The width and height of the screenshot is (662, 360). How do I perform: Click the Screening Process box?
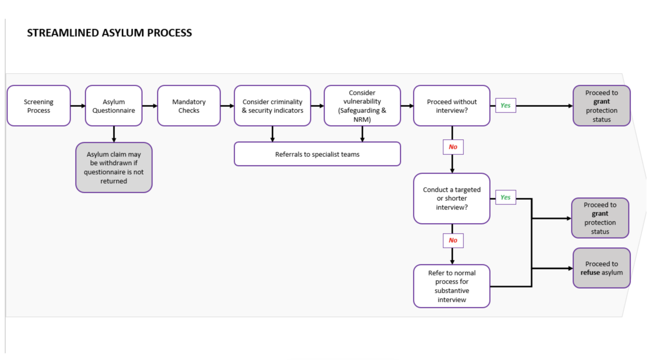(x=39, y=106)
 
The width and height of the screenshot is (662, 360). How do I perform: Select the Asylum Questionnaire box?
(x=114, y=106)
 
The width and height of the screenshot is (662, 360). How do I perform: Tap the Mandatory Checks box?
(x=189, y=106)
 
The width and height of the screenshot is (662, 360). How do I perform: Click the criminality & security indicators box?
(x=272, y=106)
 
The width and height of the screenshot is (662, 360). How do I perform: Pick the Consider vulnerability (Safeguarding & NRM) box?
(x=362, y=106)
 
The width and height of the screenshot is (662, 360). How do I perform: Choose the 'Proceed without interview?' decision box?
(x=452, y=106)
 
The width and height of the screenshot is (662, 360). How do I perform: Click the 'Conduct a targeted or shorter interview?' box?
(x=452, y=198)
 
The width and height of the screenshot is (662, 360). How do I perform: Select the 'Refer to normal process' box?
(x=452, y=286)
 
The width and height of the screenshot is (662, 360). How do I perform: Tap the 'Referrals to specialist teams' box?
(x=317, y=154)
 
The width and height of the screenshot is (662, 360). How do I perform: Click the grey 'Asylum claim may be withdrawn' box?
(x=114, y=168)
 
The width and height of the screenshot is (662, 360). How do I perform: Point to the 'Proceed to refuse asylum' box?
(x=601, y=268)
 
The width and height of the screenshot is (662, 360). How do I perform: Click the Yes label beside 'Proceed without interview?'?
(x=506, y=106)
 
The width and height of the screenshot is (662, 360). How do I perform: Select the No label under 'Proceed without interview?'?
(x=453, y=147)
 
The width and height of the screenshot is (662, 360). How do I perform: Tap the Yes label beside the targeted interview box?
(x=506, y=197)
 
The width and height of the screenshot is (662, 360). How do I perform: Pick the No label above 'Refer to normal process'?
(x=453, y=241)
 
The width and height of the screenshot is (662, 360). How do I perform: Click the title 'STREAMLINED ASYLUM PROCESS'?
(x=109, y=33)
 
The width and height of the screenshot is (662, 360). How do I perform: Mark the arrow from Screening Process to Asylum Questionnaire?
(x=78, y=106)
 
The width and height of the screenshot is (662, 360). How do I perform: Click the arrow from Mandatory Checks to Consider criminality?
(x=227, y=106)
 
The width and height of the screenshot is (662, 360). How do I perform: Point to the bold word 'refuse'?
(x=590, y=272)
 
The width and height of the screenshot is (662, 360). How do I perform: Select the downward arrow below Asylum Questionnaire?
(x=114, y=134)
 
